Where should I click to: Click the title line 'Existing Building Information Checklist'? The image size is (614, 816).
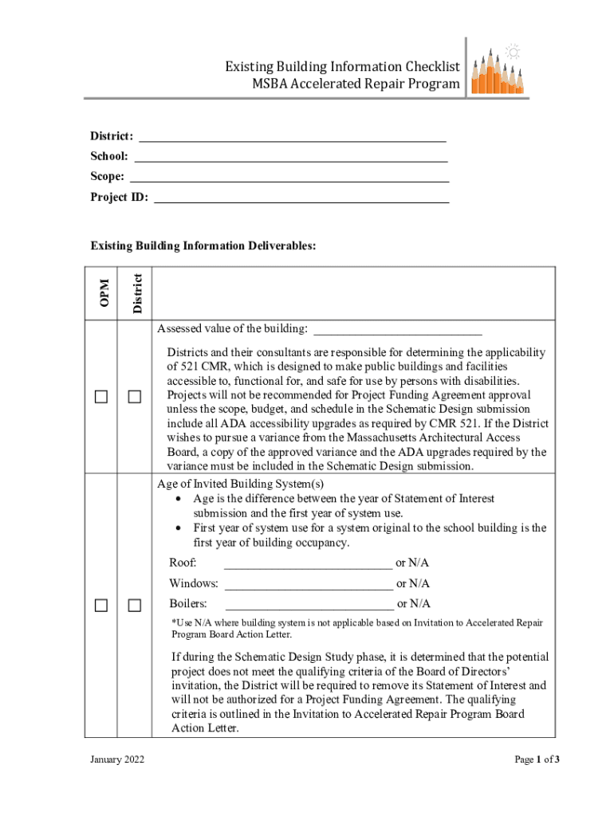click(342, 66)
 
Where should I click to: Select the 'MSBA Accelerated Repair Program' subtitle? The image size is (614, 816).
click(356, 84)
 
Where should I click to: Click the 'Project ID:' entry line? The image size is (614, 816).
click(301, 198)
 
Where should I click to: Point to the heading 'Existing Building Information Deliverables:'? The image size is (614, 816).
click(203, 245)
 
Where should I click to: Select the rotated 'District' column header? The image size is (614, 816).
click(136, 292)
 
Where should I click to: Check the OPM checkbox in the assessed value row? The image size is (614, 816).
click(101, 397)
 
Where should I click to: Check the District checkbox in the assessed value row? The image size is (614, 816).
click(134, 397)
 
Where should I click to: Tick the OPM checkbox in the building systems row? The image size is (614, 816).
click(101, 606)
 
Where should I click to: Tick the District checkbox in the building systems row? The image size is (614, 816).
click(134, 606)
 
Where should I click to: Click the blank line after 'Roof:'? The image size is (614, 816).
click(308, 564)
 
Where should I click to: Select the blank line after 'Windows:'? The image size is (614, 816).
click(309, 584)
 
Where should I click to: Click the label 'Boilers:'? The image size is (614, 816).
click(188, 604)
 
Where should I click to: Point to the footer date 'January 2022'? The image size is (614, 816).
click(118, 759)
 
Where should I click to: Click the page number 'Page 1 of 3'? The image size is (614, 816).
click(537, 759)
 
